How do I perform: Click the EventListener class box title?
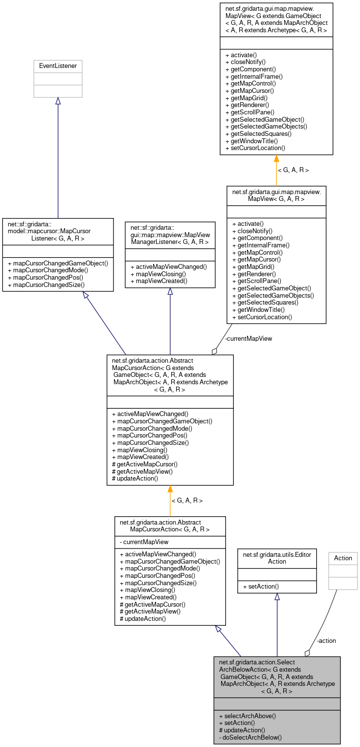pyautogui.click(x=58, y=66)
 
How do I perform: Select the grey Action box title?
pyautogui.click(x=343, y=558)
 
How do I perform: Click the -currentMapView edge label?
pyautogui.click(x=248, y=338)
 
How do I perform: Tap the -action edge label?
pyautogui.click(x=326, y=640)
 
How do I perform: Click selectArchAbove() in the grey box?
pyautogui.click(x=247, y=716)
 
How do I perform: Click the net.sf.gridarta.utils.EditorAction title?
pyautogui.click(x=277, y=558)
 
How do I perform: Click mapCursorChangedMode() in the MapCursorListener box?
pyautogui.click(x=48, y=270)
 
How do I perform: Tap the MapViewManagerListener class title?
pyautogui.click(x=170, y=235)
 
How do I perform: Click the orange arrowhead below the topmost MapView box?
pyautogui.click(x=276, y=158)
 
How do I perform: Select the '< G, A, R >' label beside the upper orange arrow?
pyautogui.click(x=293, y=170)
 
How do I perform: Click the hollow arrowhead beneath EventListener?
pyautogui.click(x=58, y=101)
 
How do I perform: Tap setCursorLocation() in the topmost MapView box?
pyautogui.click(x=255, y=148)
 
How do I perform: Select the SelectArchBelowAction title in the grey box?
pyautogui.click(x=277, y=676)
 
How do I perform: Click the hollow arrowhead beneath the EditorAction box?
pyautogui.click(x=277, y=597)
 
